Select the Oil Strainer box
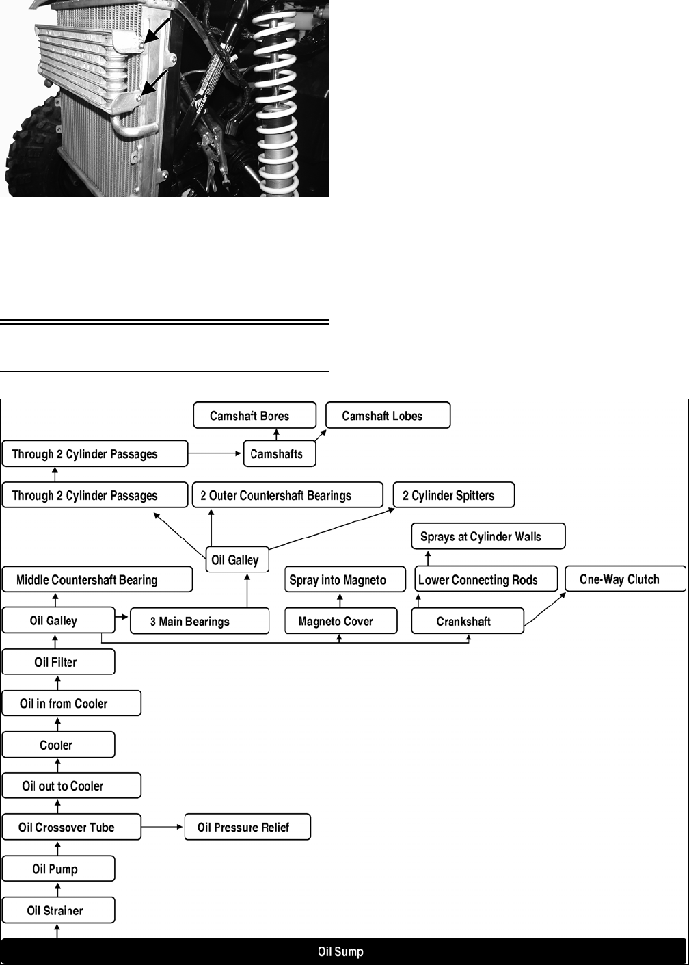[x=58, y=910]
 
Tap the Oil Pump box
[x=58, y=869]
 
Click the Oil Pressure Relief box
[x=247, y=828]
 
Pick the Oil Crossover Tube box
[x=71, y=828]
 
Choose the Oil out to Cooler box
[x=71, y=786]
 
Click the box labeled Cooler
[x=58, y=745]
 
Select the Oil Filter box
[x=58, y=662]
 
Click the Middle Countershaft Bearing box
[x=97, y=579]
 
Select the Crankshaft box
[x=467, y=621]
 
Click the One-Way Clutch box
[x=625, y=579]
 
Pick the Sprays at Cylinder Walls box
[x=488, y=536]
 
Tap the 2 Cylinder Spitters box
[x=453, y=495]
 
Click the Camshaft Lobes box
[x=388, y=415]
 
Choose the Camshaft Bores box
[x=254, y=415]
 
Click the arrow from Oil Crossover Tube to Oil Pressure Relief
[x=163, y=828]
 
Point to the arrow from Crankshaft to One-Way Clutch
[x=545, y=608]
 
